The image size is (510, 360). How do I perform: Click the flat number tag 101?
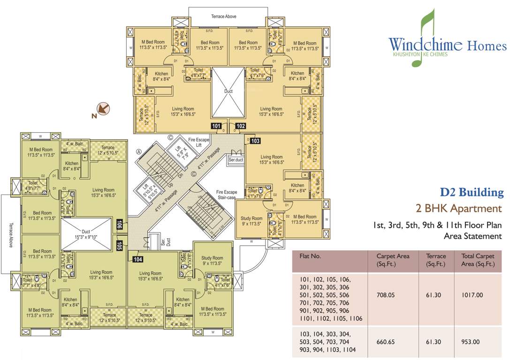(x=216, y=126)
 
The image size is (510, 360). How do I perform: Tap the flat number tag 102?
(x=240, y=126)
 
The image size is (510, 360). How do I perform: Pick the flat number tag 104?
(x=137, y=258)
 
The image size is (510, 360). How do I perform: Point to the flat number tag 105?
(x=119, y=244)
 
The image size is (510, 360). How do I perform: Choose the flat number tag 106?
(x=119, y=225)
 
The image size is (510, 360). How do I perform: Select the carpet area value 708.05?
(x=387, y=296)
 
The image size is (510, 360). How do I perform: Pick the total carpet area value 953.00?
(x=472, y=341)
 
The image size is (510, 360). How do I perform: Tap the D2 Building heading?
(x=472, y=192)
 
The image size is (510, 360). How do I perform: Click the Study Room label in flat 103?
(x=251, y=221)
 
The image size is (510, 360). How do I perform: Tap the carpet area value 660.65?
(x=387, y=341)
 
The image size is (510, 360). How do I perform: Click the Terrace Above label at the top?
(x=223, y=16)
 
